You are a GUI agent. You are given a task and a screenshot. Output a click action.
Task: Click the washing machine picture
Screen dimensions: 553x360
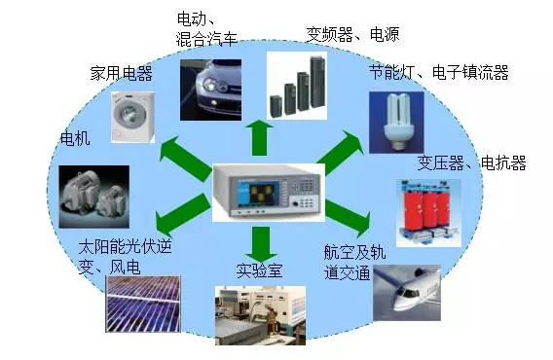click(x=133, y=118)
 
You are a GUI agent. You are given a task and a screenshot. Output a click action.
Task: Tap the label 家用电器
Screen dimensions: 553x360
click(x=122, y=73)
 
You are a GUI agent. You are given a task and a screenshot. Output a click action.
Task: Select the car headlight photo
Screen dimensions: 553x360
click(x=211, y=90)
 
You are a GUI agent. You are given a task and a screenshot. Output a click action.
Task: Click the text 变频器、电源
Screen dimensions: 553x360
click(x=352, y=35)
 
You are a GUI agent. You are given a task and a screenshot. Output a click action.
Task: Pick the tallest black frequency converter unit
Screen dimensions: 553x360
click(x=317, y=82)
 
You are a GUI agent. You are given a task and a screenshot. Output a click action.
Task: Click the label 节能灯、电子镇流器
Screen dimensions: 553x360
click(x=439, y=72)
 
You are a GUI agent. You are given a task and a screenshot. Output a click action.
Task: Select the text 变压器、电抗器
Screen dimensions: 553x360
click(x=471, y=162)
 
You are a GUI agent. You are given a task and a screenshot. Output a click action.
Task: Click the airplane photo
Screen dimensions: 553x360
click(x=407, y=293)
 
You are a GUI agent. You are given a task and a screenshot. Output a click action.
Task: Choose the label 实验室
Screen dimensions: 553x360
click(x=259, y=270)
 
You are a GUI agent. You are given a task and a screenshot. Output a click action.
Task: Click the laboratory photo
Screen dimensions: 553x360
click(x=260, y=315)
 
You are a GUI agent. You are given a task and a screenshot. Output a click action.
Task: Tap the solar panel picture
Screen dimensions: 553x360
click(x=143, y=304)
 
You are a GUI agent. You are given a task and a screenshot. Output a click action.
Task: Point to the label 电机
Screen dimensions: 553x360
click(x=75, y=138)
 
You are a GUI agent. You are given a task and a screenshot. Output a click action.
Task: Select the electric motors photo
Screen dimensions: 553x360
click(x=94, y=197)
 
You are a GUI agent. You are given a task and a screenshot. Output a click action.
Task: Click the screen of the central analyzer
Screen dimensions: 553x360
click(x=259, y=194)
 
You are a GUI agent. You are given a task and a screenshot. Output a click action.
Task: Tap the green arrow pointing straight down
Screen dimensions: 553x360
click(x=261, y=244)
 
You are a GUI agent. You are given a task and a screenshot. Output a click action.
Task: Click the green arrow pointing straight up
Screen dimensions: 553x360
click(x=260, y=137)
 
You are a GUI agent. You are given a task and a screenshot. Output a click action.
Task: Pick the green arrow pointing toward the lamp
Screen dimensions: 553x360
click(x=341, y=153)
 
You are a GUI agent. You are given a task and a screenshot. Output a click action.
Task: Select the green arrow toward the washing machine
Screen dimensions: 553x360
click(x=184, y=159)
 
